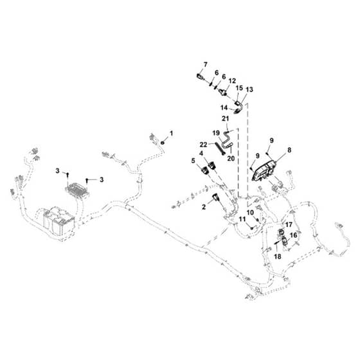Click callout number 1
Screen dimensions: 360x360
click(171, 133)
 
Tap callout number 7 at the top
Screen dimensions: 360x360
click(205, 65)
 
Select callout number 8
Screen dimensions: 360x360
click(289, 150)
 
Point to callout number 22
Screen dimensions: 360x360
click(204, 145)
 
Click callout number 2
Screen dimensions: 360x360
click(204, 207)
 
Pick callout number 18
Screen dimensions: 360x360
click(278, 256)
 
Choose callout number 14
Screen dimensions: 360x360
click(224, 107)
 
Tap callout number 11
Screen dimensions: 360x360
click(242, 219)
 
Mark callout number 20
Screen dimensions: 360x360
click(231, 158)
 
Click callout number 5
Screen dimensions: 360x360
click(193, 161)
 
